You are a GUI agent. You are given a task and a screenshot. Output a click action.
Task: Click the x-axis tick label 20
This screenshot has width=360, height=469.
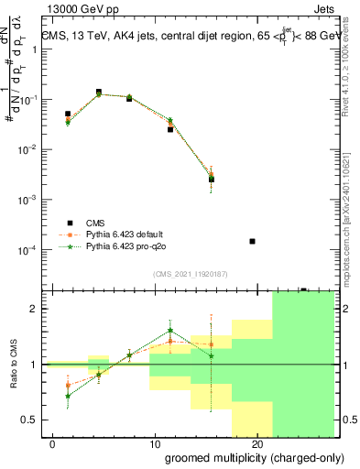[x=257, y=443]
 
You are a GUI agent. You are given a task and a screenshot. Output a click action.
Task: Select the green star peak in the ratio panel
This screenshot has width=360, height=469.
[x=170, y=331]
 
